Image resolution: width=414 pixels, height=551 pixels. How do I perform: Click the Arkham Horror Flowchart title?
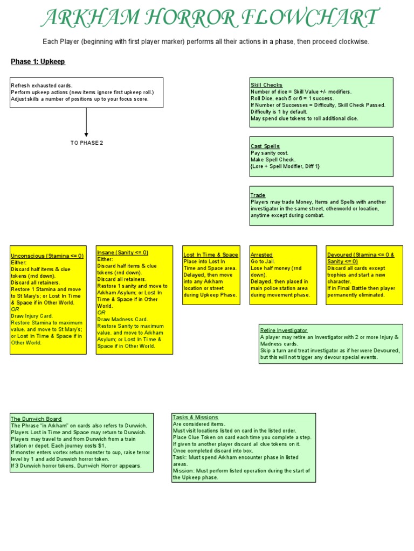[x=209, y=19]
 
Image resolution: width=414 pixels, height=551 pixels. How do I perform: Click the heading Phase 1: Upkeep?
[x=38, y=62]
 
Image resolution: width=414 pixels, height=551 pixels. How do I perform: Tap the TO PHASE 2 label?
[x=86, y=143]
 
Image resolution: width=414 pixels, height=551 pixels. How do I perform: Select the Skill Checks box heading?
[x=266, y=85]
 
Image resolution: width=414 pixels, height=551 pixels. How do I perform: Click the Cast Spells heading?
[x=265, y=146]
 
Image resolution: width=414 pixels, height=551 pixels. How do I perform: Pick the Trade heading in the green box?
[x=258, y=195]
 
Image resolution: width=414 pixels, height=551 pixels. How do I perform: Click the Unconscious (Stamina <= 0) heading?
[x=47, y=256]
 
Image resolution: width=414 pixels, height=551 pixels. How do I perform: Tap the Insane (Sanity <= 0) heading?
[x=122, y=252]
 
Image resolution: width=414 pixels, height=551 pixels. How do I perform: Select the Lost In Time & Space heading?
[x=211, y=255]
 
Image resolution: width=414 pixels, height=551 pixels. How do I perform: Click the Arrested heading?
[x=261, y=255]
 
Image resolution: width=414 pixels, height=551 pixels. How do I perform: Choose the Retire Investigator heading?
[x=284, y=330]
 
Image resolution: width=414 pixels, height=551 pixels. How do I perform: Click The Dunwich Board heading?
[x=36, y=419]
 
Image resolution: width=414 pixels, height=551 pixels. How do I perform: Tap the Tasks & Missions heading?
[x=196, y=417]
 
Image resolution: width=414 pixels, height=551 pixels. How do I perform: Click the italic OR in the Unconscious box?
[x=15, y=309]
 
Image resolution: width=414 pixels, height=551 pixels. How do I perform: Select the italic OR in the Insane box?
[x=101, y=312]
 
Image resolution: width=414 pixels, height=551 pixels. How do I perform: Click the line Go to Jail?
[x=262, y=261]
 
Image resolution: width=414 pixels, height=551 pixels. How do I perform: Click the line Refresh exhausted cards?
[x=42, y=86]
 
